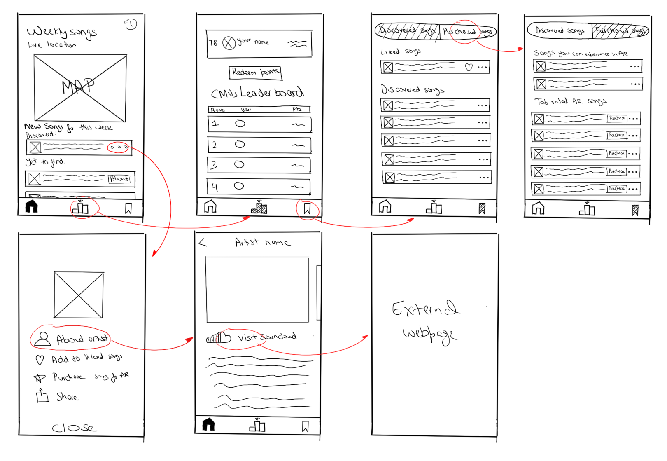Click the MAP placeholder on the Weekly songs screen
pyautogui.click(x=80, y=88)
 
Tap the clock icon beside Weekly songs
pyautogui.click(x=131, y=24)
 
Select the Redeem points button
pyautogui.click(x=255, y=73)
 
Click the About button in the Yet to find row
pyautogui.click(x=119, y=179)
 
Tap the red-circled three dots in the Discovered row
pyautogui.click(x=118, y=147)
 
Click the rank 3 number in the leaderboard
pyautogui.click(x=214, y=165)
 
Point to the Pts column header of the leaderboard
pyautogui.click(x=297, y=109)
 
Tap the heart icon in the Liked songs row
pyautogui.click(x=469, y=67)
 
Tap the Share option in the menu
pyautogui.click(x=67, y=397)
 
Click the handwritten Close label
pyautogui.click(x=75, y=428)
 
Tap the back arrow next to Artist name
pyautogui.click(x=203, y=243)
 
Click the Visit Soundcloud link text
pyautogui.click(x=266, y=337)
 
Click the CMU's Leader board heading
pyautogui.click(x=258, y=93)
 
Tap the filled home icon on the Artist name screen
pyautogui.click(x=208, y=424)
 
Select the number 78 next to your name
pyautogui.click(x=213, y=43)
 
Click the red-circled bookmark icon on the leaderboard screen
pyautogui.click(x=307, y=208)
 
